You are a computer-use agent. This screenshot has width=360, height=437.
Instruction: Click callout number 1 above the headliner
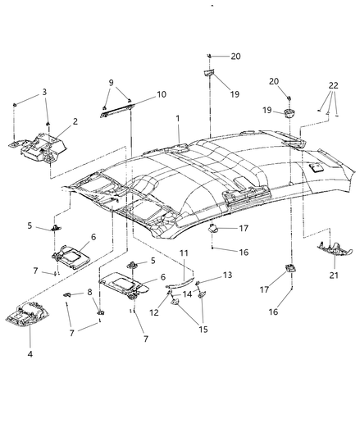[178, 118]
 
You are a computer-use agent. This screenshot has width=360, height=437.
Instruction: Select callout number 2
[75, 121]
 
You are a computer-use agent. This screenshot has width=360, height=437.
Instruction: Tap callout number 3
[44, 92]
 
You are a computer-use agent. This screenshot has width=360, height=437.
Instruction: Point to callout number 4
[30, 354]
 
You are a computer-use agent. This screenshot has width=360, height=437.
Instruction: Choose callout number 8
[89, 292]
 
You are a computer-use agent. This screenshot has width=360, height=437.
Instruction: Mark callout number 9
[112, 83]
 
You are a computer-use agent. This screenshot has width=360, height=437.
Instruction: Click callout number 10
[162, 94]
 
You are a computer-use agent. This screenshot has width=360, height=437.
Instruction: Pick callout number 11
[184, 253]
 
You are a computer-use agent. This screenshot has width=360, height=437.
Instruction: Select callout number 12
[154, 312]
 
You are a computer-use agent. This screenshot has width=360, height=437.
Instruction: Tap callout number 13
[227, 275]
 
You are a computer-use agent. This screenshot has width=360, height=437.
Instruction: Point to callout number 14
[188, 294]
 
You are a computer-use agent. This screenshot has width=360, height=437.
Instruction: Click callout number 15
[203, 329]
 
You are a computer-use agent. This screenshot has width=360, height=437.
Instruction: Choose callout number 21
[334, 275]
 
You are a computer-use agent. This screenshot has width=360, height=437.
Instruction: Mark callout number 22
[334, 85]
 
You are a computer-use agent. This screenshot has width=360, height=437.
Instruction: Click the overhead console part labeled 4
[27, 314]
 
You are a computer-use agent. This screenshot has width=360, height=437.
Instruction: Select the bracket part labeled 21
[335, 249]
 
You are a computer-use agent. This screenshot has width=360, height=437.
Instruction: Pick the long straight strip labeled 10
[117, 110]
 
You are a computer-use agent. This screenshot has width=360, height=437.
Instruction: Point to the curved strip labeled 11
[180, 282]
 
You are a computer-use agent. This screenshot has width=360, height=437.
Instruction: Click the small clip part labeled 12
[169, 292]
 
